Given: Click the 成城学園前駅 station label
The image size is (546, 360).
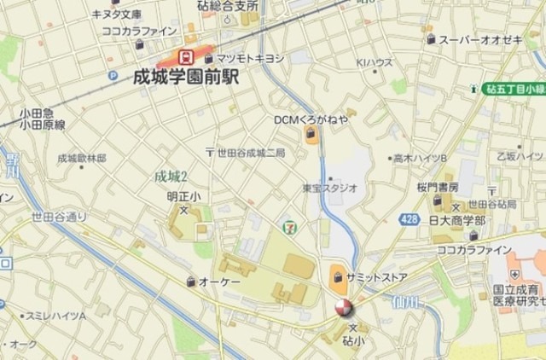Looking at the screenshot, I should [186, 77].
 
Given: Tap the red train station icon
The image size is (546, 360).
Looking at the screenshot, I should [184, 57].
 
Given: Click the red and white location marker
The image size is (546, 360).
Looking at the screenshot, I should [342, 308].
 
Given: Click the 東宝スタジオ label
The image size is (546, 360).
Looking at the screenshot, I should [329, 187].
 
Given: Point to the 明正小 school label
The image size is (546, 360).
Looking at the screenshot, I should [183, 197].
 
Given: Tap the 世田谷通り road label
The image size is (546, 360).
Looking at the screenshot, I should [59, 217].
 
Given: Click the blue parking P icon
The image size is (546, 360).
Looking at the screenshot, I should [112, 75].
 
